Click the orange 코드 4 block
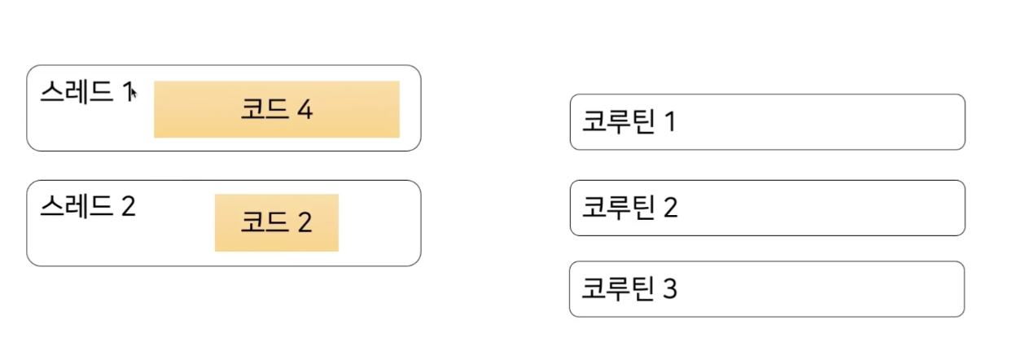277,109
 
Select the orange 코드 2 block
277,222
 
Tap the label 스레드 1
85,92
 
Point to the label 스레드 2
87,207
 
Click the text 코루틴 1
629,122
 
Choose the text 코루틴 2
629,208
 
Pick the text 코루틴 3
629,288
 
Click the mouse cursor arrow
134,93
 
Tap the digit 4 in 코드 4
305,110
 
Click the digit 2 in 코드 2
304,222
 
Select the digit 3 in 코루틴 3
669,289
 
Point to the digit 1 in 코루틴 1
670,122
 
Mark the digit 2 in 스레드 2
128,207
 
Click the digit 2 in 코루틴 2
670,208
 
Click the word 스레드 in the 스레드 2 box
76,207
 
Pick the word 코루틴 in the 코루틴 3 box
617,288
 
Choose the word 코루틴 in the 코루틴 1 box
617,122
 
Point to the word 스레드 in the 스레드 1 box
76,92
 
